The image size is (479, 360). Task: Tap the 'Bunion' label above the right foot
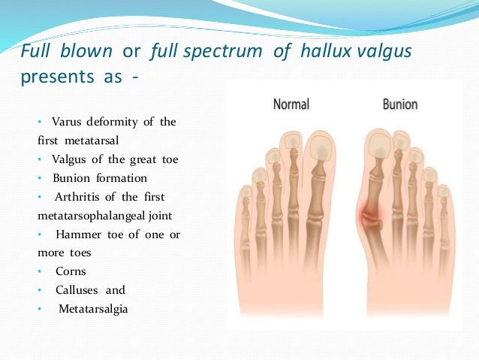pos(400,104)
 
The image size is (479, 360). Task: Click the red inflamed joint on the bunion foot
pos(373,218)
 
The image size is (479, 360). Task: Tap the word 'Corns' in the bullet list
pos(70,271)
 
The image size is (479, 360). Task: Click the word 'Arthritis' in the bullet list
pos(77,197)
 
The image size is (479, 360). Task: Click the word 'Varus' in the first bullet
pos(67,122)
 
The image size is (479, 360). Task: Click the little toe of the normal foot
pos(246,199)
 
